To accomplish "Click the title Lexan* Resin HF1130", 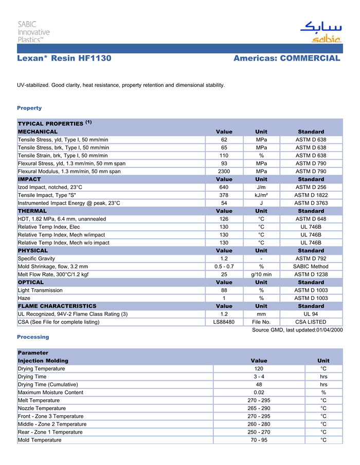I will (x=64, y=58).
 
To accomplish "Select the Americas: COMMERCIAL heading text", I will (x=286, y=58).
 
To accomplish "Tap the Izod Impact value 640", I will (x=224, y=187).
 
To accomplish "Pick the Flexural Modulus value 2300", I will (x=224, y=171).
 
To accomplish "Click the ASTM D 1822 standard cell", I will (x=311, y=195).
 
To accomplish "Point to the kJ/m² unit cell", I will (x=261, y=195).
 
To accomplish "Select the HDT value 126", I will (x=224, y=219).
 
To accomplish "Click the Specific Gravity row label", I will (x=37, y=258).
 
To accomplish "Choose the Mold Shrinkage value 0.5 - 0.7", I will (x=224, y=266).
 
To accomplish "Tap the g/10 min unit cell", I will (x=261, y=274).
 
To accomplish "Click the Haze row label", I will (x=24, y=298).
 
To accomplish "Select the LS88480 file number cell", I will (x=224, y=322).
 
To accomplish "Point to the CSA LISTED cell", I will (x=311, y=322).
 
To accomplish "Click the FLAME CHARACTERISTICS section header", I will (x=57, y=306).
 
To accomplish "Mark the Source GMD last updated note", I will (x=297, y=330).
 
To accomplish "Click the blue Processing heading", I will (x=33, y=337).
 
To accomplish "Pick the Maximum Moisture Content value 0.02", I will (x=259, y=393).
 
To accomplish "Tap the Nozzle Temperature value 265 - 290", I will (x=259, y=408).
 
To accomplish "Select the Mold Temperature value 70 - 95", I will (x=259, y=440).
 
